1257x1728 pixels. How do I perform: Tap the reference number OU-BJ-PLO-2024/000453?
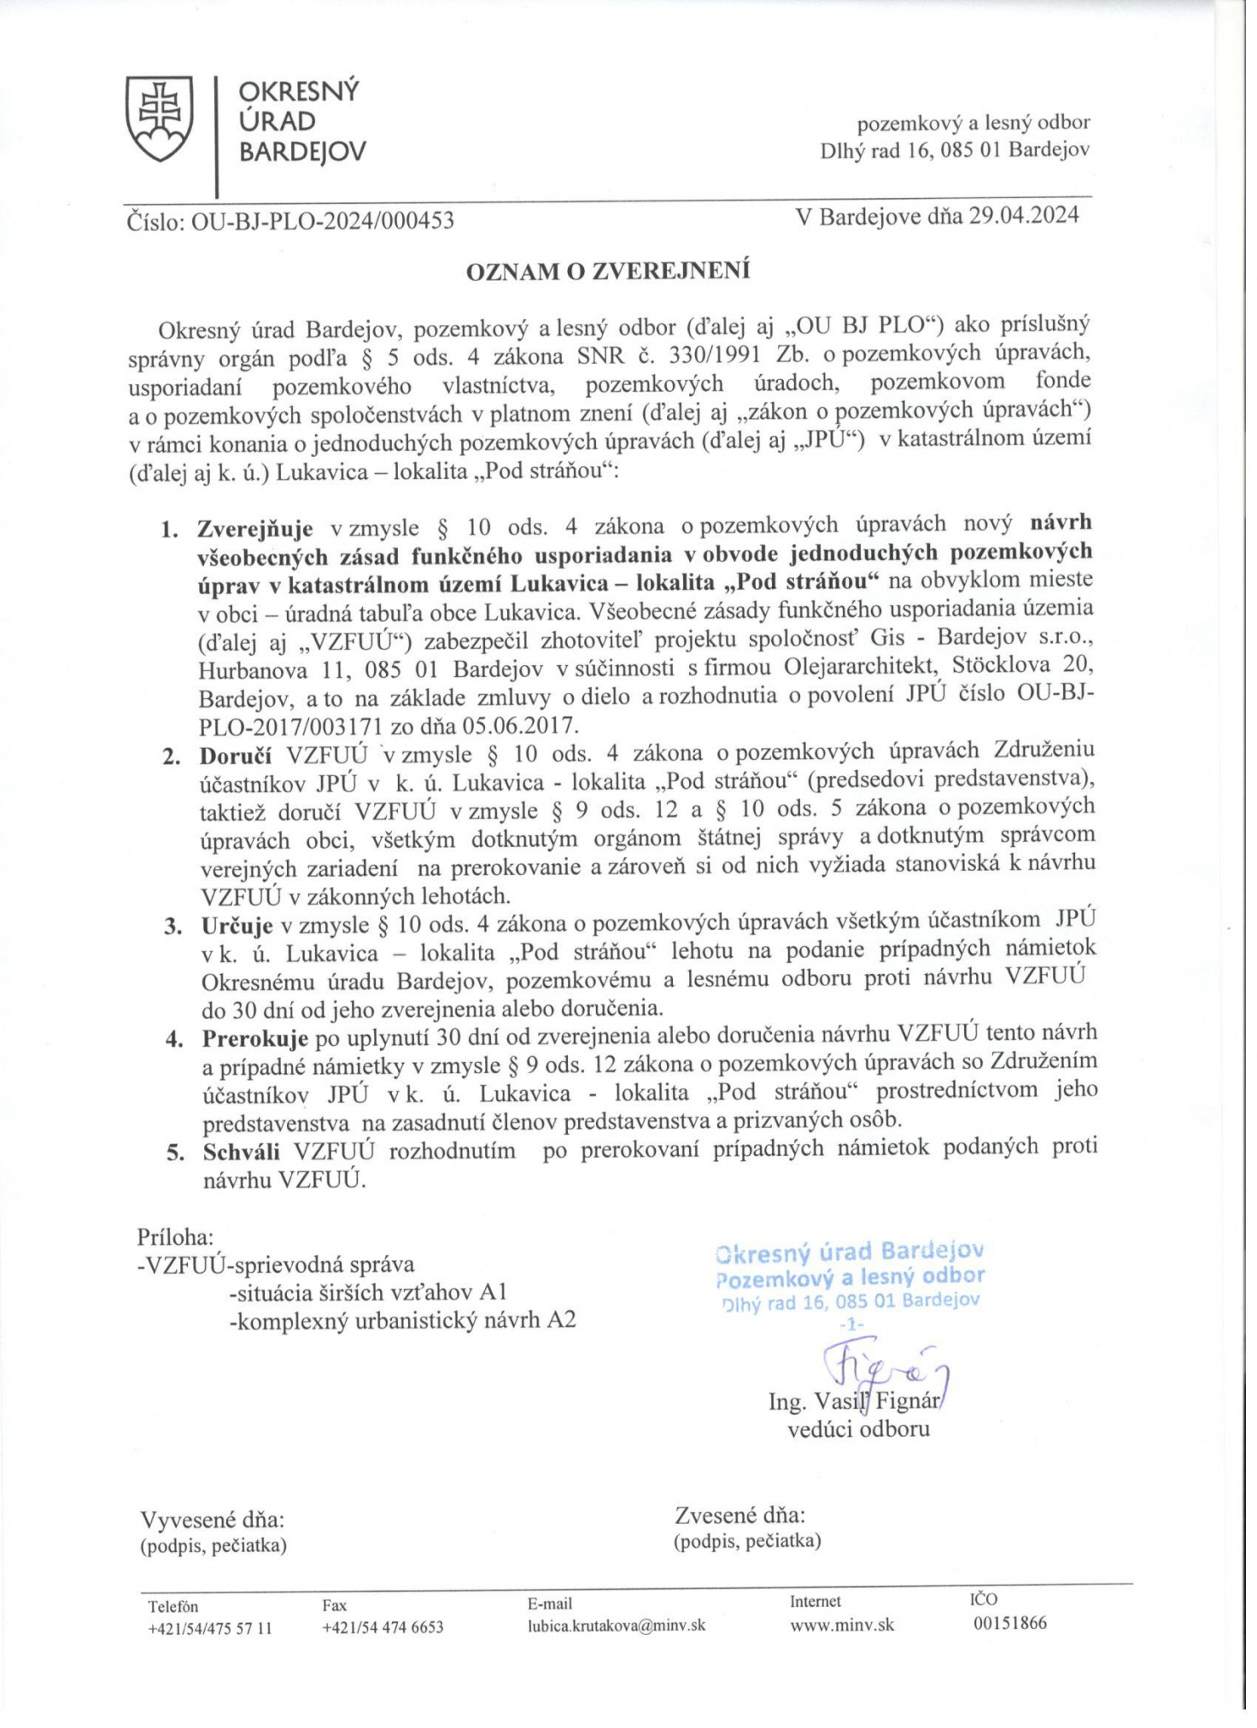[x=322, y=222]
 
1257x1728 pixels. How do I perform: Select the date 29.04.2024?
[x=1024, y=215]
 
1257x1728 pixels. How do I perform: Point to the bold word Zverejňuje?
[x=255, y=529]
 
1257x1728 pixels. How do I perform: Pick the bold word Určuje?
[x=237, y=926]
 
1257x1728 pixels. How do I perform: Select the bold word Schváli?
[x=242, y=1152]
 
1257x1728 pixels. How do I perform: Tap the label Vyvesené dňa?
[x=212, y=1521]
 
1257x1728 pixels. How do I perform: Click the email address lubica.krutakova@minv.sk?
[x=617, y=1626]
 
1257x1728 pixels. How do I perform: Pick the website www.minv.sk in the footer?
[x=842, y=1625]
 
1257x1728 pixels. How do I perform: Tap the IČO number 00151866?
[x=1009, y=1623]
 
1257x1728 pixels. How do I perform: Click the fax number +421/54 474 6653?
[x=383, y=1627]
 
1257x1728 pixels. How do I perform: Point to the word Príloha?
[x=175, y=1237]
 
